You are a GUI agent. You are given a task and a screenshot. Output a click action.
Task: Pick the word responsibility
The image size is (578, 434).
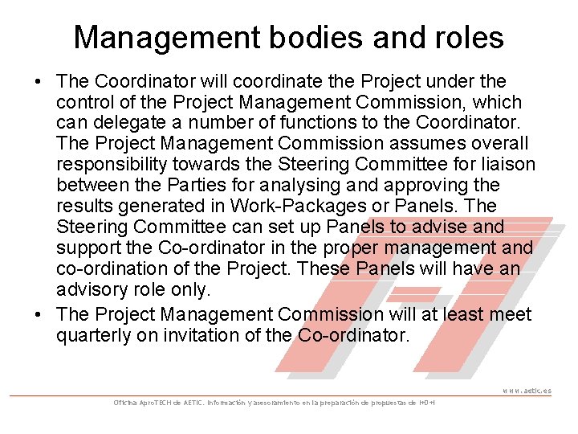[113, 165]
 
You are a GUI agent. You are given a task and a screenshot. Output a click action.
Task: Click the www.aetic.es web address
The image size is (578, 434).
[527, 391]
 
